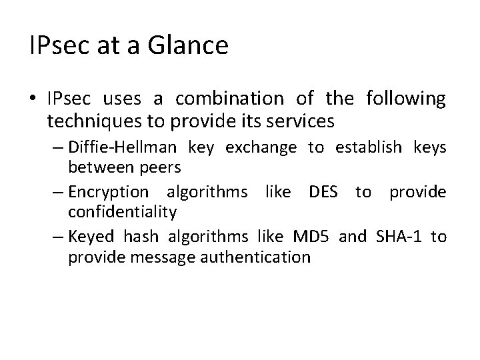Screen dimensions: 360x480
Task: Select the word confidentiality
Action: pyautogui.click(x=122, y=211)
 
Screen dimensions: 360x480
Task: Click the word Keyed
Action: pyautogui.click(x=91, y=237)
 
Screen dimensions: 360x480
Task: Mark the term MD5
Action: pyautogui.click(x=310, y=237)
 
